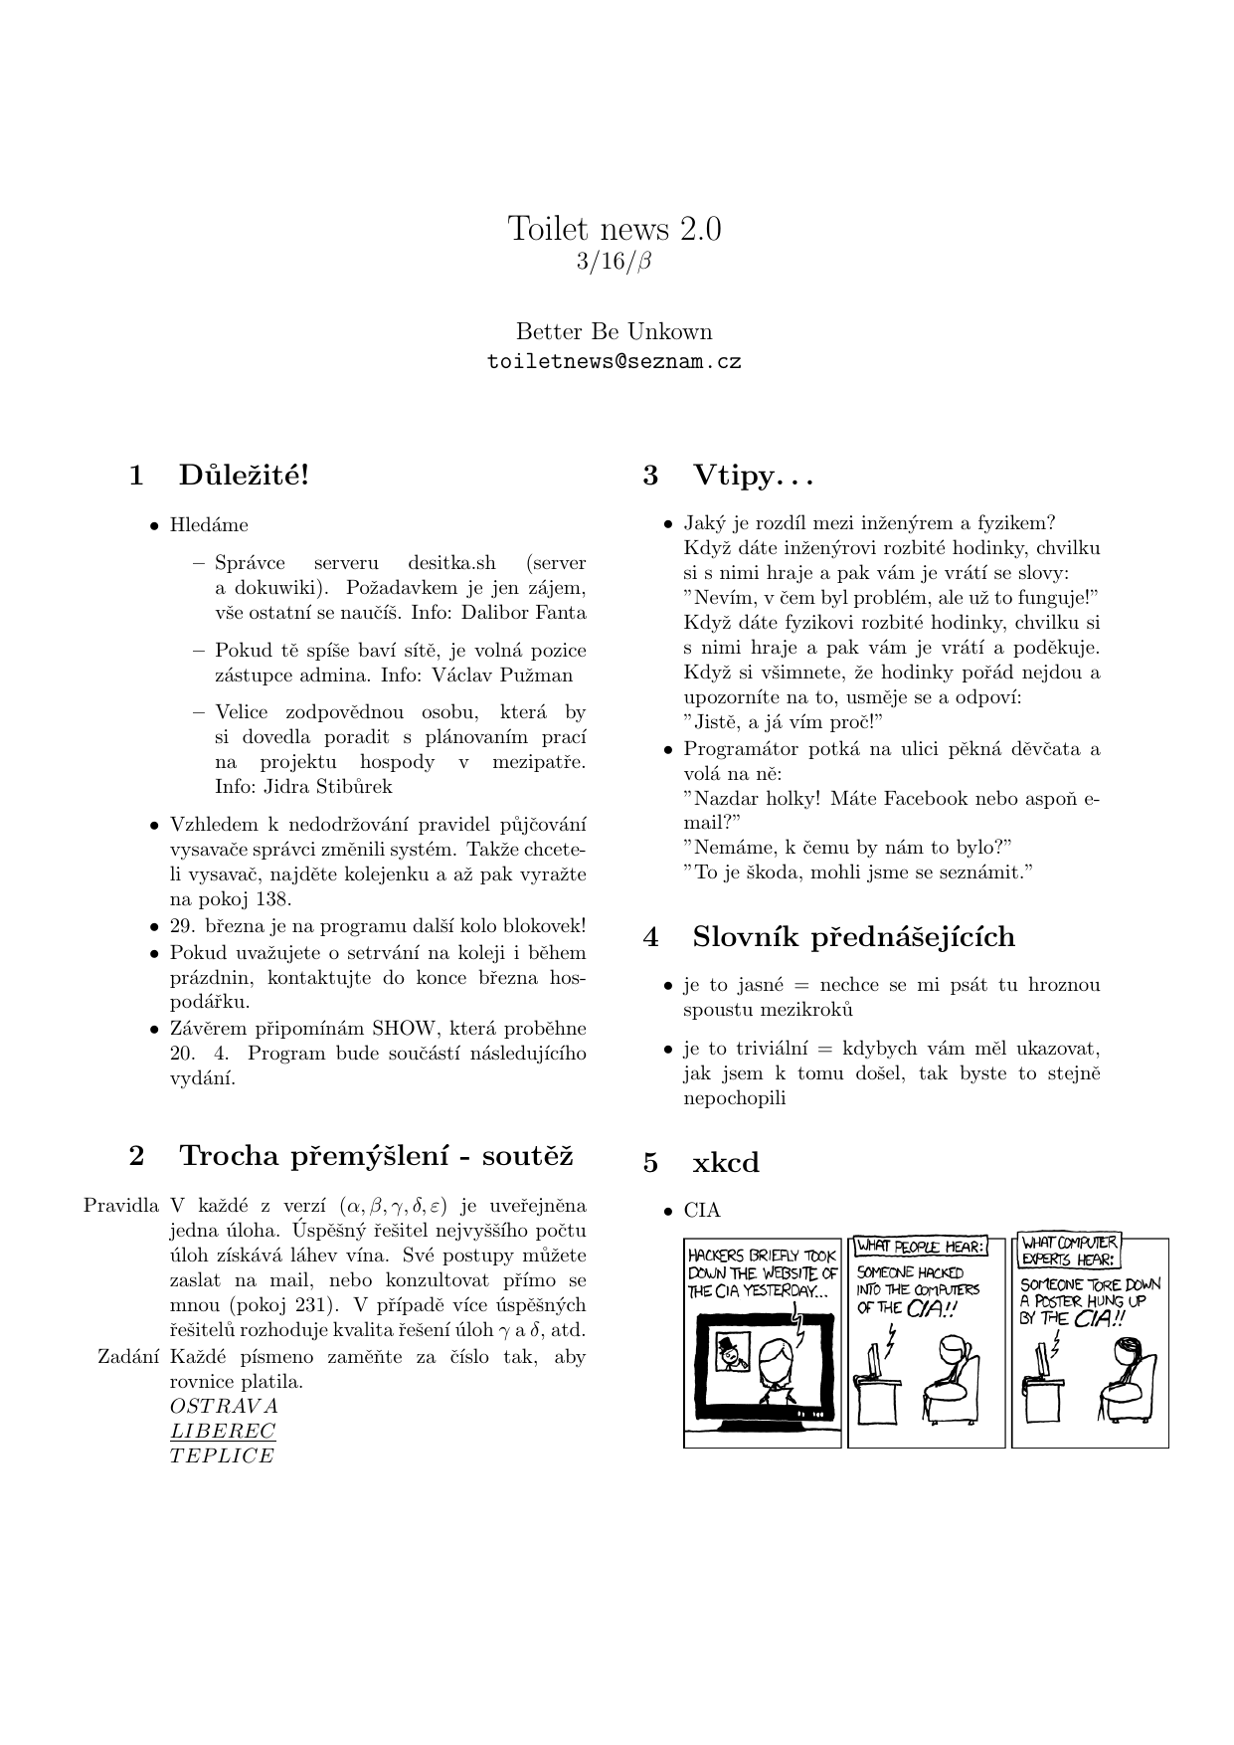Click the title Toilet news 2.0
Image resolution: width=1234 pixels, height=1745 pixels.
615,229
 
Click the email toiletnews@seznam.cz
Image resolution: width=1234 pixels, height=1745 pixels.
615,362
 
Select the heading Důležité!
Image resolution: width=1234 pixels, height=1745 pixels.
244,476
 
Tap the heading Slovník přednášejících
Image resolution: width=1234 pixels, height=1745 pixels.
853,937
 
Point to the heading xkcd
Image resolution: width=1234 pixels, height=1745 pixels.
725,1163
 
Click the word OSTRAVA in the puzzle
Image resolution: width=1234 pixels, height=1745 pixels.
224,1407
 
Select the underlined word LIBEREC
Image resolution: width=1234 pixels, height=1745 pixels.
223,1432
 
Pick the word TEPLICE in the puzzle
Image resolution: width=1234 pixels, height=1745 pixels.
222,1456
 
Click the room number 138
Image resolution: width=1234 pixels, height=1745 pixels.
271,899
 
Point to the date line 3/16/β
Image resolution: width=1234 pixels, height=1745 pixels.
615,262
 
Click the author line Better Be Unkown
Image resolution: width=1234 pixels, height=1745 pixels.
615,331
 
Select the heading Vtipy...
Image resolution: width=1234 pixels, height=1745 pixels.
752,476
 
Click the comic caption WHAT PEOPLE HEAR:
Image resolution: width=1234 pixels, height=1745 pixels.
921,1246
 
